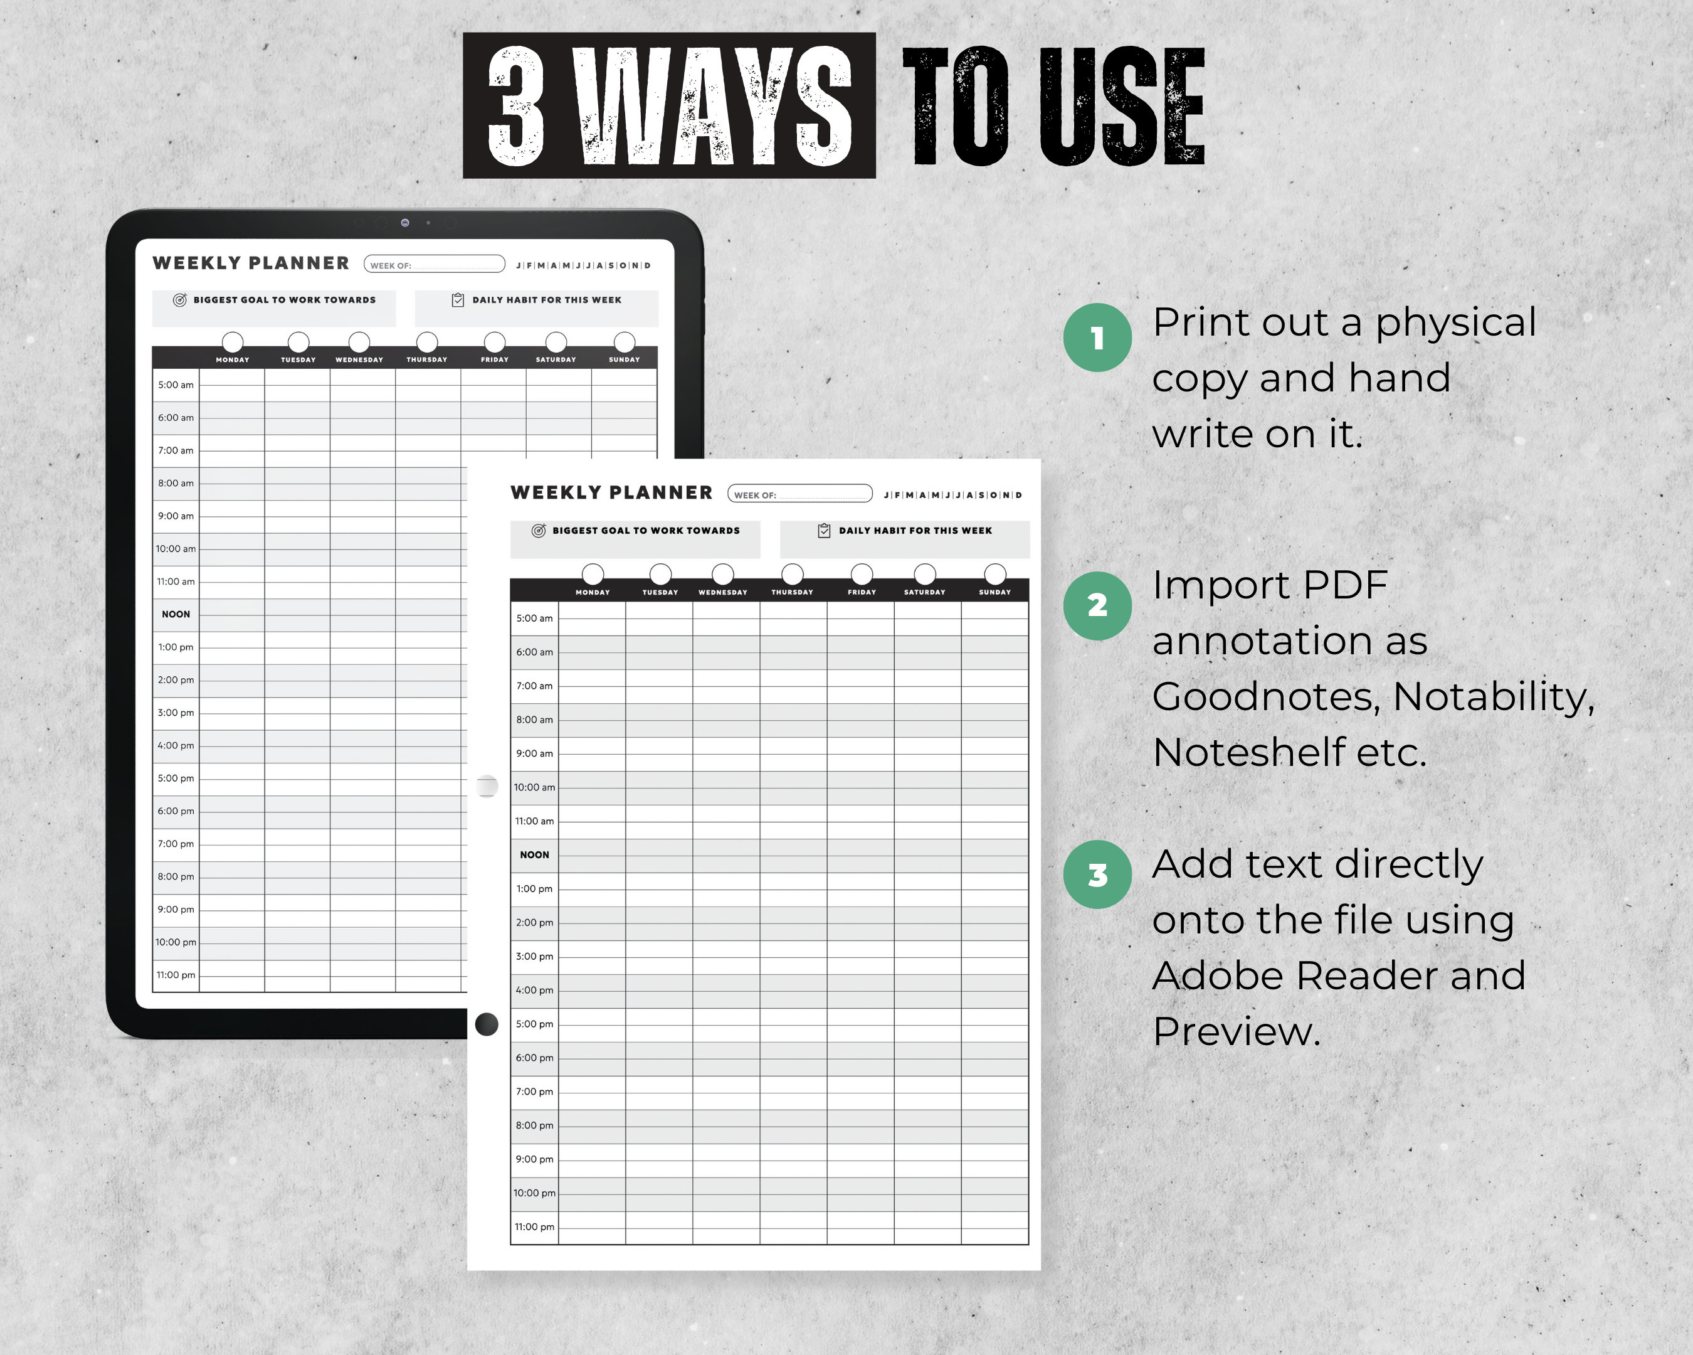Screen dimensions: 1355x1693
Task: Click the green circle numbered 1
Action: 1097,337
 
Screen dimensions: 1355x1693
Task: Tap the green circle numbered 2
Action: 1097,605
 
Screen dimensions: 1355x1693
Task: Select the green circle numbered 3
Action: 1097,874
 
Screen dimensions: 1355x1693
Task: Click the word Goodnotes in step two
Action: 1266,696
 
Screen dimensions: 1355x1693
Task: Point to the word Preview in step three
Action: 1236,1031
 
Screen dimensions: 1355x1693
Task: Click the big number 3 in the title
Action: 516,106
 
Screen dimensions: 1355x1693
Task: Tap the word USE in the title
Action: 1122,106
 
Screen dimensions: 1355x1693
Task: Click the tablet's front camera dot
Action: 404,222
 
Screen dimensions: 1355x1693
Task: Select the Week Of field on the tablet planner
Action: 435,265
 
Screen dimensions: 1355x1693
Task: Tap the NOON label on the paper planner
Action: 534,854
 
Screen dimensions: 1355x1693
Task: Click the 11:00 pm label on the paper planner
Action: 534,1227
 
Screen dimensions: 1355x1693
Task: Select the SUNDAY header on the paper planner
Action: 994,592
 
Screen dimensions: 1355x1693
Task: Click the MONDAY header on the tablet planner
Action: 233,359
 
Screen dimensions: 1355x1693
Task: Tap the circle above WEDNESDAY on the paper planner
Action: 722,573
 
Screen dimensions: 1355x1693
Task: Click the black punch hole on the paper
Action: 487,1024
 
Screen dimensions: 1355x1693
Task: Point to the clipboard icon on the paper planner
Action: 824,531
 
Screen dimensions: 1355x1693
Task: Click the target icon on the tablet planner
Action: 180,300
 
